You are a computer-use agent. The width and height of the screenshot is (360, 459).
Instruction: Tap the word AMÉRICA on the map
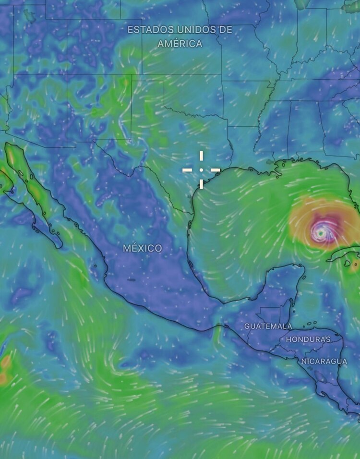pyautogui.click(x=180, y=44)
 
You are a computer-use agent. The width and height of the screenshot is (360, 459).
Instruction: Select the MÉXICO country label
pyautogui.click(x=143, y=248)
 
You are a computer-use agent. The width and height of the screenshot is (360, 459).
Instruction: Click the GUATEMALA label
pyautogui.click(x=268, y=326)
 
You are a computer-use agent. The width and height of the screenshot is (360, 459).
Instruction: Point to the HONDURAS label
pyautogui.click(x=308, y=339)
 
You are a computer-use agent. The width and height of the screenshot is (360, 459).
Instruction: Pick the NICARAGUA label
pyautogui.click(x=324, y=361)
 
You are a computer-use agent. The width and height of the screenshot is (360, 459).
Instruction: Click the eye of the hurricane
pyautogui.click(x=320, y=233)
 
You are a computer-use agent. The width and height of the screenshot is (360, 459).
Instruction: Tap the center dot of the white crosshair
pyautogui.click(x=201, y=170)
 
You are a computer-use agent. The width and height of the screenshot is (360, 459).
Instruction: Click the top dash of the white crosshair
pyautogui.click(x=201, y=157)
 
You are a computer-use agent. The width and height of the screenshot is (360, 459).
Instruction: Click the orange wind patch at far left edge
pyautogui.click(x=4, y=370)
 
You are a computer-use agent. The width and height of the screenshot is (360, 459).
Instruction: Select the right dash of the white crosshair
pyautogui.click(x=215, y=170)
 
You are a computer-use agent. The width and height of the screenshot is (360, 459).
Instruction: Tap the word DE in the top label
pyautogui.click(x=225, y=30)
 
